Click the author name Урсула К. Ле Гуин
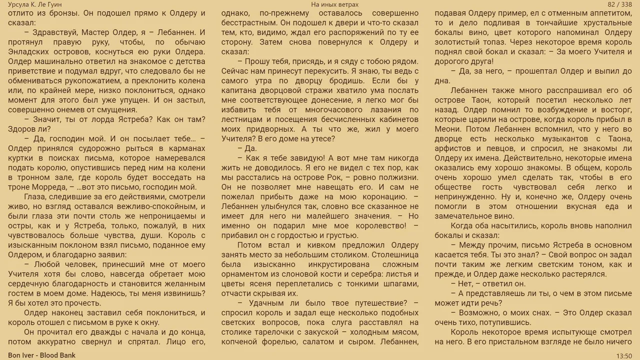[35, 4]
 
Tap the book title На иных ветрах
[334, 4]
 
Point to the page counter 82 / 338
[619, 4]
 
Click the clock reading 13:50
[623, 355]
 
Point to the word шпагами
[399, 283]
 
